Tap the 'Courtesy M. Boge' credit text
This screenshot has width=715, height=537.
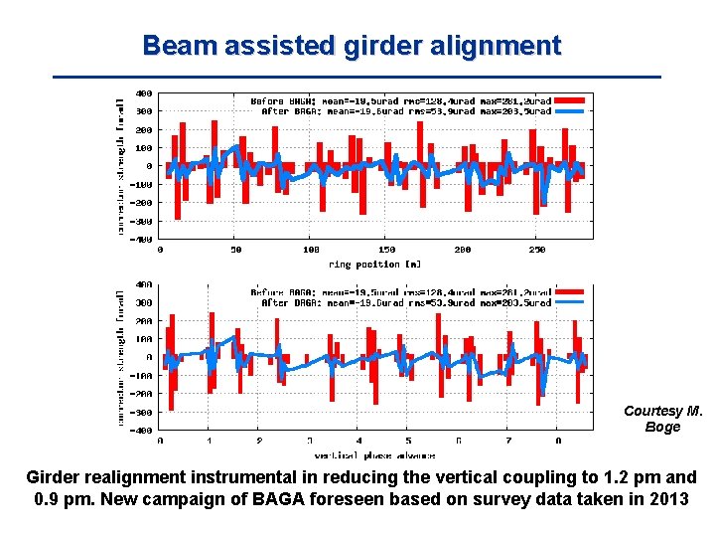(662, 419)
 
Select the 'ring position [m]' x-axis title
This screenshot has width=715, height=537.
(374, 264)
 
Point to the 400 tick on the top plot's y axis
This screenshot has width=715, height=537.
(144, 93)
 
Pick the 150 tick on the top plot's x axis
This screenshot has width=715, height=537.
(387, 250)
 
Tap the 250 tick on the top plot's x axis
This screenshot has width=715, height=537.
(537, 250)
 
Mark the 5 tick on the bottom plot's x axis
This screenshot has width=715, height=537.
(408, 440)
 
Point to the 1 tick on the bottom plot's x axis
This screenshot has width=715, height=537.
(210, 440)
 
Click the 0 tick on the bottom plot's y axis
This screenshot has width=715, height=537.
(149, 357)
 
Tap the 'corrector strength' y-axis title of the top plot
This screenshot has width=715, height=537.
(121, 166)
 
